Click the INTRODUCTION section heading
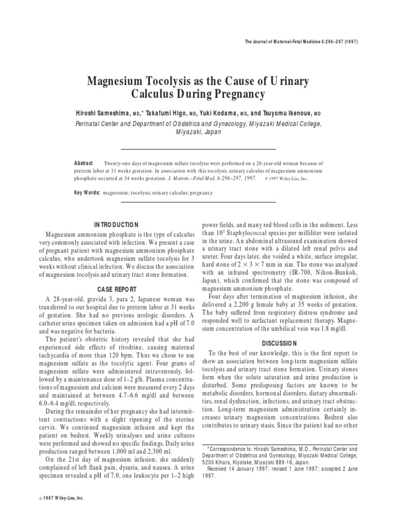point(116,225)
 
